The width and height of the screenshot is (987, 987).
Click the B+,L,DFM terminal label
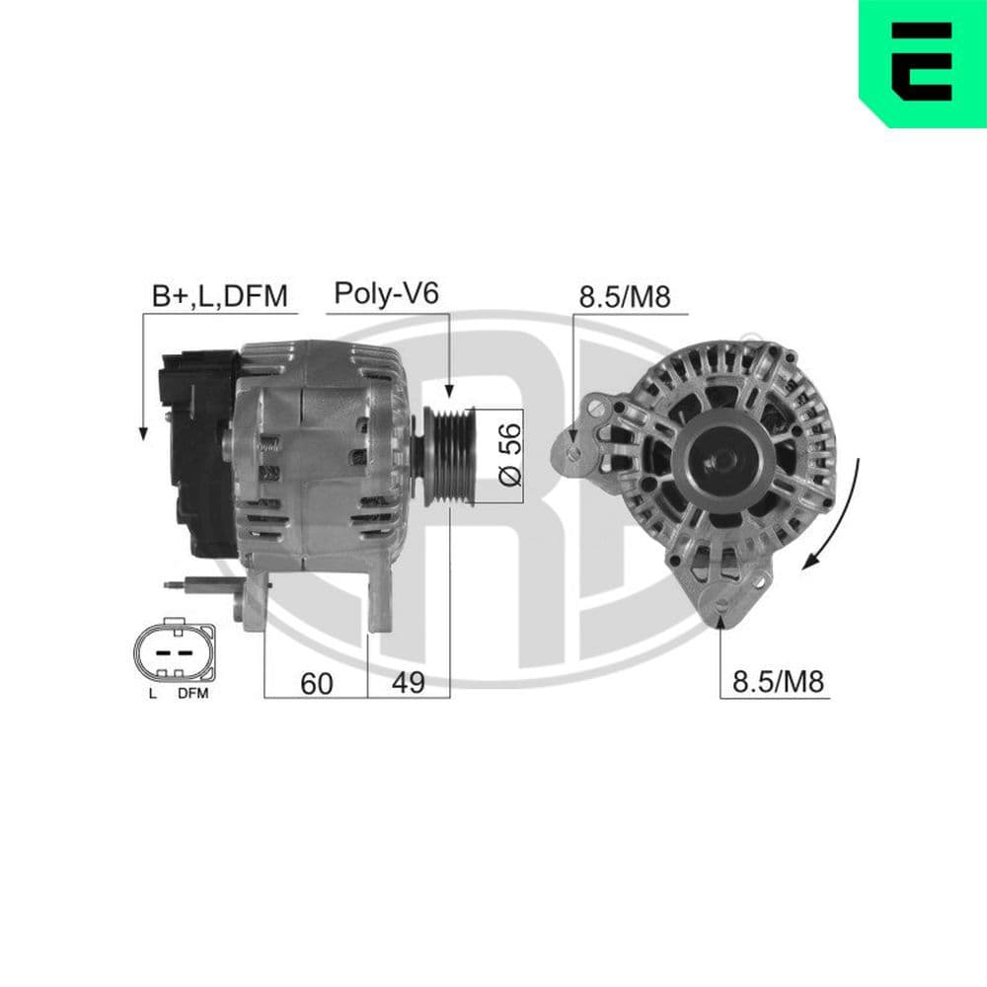point(218,295)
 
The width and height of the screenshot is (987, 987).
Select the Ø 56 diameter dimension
point(509,455)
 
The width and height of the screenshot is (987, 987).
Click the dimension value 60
point(316,683)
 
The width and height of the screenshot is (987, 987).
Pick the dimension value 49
point(408,683)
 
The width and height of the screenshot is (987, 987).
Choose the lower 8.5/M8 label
point(777,682)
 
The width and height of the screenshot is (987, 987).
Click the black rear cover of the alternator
point(195,444)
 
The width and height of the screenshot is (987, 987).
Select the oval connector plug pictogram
point(174,652)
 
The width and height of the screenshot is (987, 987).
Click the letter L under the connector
point(152,694)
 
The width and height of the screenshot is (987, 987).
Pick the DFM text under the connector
point(193,694)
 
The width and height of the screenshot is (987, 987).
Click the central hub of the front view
point(723,458)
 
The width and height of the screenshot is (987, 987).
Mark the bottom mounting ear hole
point(723,604)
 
